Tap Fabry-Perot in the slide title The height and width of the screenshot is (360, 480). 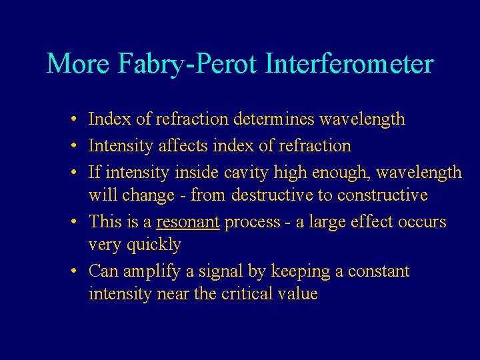tap(188, 64)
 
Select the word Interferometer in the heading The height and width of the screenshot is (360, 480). tap(349, 64)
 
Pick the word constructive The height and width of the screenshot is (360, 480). tap(383, 195)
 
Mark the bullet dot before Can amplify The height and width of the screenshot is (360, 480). tap(77, 272)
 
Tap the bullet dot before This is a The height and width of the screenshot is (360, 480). tap(77, 222)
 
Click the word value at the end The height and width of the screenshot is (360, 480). tap(297, 294)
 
